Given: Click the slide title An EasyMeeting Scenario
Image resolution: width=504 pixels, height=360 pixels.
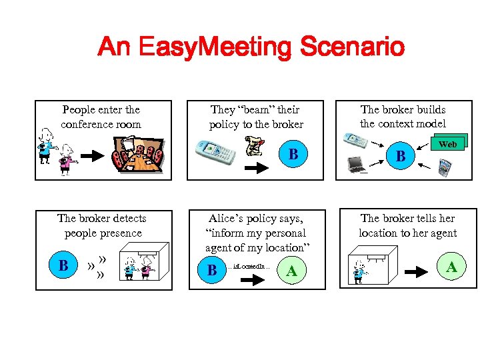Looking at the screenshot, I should [251, 47].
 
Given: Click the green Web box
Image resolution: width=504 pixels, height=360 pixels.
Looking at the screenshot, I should [448, 143].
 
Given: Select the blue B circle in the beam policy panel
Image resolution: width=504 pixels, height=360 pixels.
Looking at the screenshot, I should [292, 155].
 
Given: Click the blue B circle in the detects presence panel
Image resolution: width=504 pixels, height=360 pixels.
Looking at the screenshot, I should [63, 265].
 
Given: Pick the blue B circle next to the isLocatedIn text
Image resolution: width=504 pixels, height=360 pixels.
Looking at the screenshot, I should [212, 270].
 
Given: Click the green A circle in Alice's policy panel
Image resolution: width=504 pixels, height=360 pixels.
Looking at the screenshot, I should [291, 270].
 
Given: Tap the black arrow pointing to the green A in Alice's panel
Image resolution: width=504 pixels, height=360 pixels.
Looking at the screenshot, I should [252, 281].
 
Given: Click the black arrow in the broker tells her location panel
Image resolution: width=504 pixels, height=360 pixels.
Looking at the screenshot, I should [417, 272].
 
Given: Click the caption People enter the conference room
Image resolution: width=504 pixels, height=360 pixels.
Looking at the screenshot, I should [101, 117].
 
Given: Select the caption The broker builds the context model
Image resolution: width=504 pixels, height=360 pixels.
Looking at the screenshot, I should [403, 116].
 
